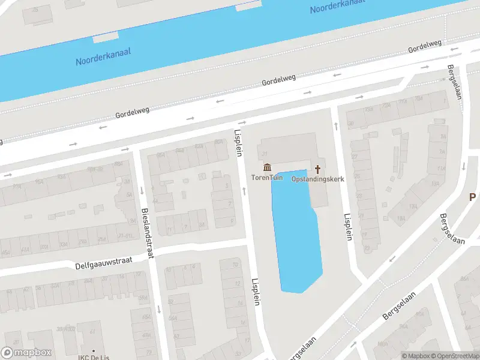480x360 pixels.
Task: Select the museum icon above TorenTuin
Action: (x=267, y=167)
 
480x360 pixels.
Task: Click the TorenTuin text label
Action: (x=267, y=178)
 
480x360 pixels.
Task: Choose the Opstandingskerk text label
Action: (x=317, y=179)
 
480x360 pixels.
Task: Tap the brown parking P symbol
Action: (x=472, y=197)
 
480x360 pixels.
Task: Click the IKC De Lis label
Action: (x=93, y=357)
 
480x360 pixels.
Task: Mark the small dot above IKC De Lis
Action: (x=93, y=350)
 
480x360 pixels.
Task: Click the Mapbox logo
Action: (x=26, y=353)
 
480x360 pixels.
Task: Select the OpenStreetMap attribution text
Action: (x=455, y=356)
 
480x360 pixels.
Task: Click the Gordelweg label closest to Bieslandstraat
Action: (x=132, y=110)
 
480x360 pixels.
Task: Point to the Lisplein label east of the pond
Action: (x=347, y=227)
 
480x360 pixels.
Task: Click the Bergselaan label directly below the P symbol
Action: (x=452, y=229)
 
